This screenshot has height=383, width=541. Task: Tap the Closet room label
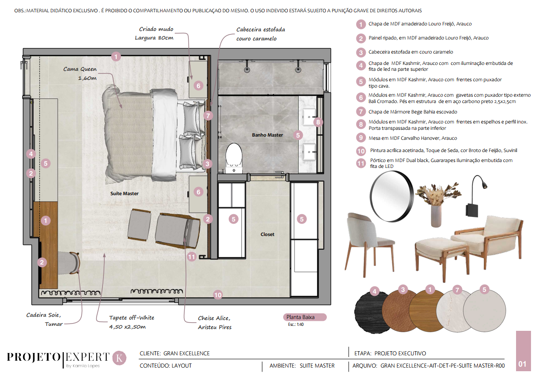(267, 234)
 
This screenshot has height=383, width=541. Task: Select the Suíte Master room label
(124, 194)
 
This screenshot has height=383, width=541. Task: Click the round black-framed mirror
(392, 196)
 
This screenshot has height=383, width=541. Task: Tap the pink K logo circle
(119, 358)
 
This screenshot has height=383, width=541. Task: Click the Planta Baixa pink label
(304, 317)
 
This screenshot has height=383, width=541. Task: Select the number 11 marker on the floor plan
(192, 257)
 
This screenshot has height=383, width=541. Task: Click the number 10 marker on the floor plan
(218, 295)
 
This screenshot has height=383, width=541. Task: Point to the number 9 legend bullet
(361, 138)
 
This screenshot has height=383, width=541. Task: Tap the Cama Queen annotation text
(80, 74)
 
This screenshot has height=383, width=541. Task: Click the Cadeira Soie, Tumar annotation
(44, 319)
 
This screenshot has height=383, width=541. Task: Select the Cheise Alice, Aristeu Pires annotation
(215, 323)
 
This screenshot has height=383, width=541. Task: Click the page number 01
(523, 364)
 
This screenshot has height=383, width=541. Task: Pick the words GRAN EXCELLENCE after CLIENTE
(187, 354)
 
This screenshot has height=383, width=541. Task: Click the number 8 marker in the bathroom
(318, 122)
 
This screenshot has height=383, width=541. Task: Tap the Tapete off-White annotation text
(132, 322)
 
